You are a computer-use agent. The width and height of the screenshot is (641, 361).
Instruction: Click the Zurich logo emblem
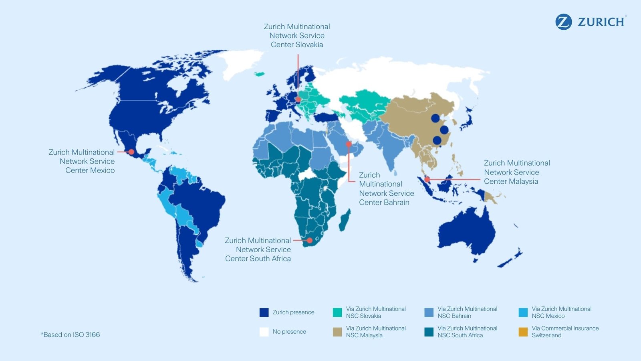tap(563, 22)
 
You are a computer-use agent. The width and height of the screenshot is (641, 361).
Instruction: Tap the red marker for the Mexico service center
tap(131, 152)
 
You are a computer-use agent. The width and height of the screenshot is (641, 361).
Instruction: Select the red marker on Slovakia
tap(298, 99)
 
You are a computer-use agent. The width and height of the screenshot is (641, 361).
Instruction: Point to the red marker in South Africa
tap(309, 240)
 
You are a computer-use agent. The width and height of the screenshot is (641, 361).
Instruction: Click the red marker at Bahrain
tap(349, 144)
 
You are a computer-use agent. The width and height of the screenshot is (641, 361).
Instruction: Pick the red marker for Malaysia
tap(427, 179)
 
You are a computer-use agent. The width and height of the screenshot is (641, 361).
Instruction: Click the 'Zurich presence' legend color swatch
tap(264, 312)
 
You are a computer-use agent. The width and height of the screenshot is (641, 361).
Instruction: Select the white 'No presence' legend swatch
tap(264, 332)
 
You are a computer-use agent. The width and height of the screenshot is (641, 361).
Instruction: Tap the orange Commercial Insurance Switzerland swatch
tap(523, 332)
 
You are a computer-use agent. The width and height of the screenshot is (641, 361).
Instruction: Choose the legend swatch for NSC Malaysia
tap(337, 332)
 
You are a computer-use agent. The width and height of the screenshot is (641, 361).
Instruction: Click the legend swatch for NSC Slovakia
tap(337, 312)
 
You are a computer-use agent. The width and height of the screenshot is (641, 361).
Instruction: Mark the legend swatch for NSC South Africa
tap(429, 332)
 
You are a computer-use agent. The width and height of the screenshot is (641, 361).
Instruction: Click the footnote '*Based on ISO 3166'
tap(70, 335)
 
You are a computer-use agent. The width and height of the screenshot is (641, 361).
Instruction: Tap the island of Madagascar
tap(345, 220)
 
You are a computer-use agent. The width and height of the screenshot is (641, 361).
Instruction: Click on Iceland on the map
tap(260, 74)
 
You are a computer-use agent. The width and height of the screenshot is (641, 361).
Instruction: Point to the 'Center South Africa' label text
tap(258, 259)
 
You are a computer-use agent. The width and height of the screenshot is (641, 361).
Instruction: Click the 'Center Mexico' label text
tap(90, 170)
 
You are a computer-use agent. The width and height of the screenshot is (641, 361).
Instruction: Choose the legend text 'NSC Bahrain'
tap(454, 316)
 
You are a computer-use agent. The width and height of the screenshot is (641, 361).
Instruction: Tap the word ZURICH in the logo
tap(601, 22)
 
